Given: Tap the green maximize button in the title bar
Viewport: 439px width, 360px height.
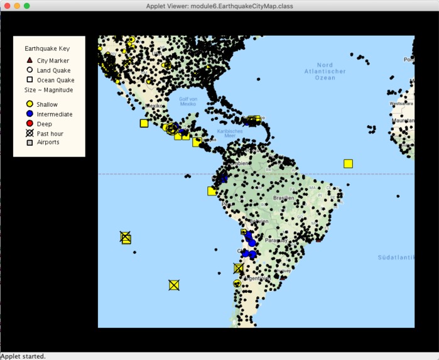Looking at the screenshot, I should tap(27, 6).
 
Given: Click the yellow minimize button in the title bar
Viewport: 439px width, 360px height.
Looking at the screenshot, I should tap(17, 6).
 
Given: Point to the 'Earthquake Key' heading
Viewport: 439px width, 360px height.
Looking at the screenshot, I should tap(47, 48).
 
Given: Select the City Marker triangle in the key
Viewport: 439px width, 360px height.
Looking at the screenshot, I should tap(29, 60).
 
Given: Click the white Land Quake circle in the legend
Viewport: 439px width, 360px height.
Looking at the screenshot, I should tap(29, 70).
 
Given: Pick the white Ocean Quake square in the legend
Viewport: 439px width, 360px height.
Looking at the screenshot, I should tap(29, 80).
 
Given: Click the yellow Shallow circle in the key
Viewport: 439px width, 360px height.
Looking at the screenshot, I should tap(29, 104).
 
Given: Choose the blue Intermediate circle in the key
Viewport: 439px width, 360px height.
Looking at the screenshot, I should tap(29, 114).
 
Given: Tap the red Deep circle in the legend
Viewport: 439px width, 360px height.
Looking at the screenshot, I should tap(29, 124).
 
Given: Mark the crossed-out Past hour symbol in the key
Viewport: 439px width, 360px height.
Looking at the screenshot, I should tap(29, 133).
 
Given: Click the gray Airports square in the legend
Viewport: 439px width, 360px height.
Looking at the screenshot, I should tap(29, 143).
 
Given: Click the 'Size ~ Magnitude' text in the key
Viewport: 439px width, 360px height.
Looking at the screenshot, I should tap(48, 90).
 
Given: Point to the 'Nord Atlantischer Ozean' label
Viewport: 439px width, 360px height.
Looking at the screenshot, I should tap(324, 72).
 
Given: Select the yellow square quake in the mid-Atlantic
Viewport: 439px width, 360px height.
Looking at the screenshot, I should tap(348, 163).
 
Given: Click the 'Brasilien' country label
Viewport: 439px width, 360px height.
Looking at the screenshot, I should tap(283, 198).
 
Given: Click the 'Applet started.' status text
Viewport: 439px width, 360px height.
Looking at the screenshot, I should tap(23, 356).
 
